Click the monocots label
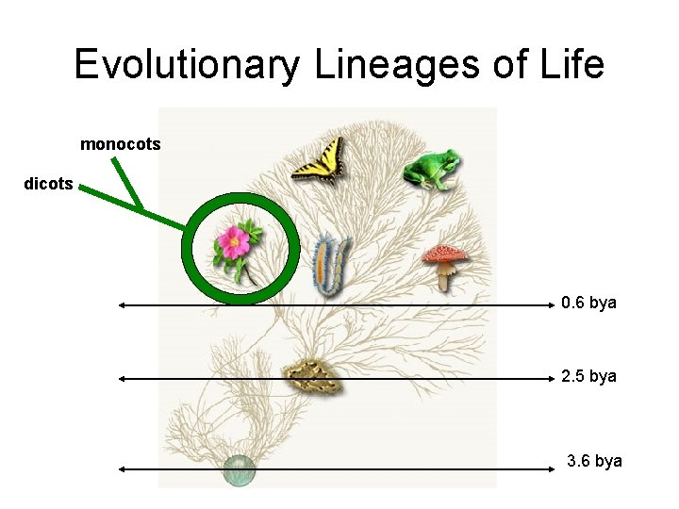coord(121,144)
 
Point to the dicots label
coord(48,184)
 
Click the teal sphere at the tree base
coord(240,468)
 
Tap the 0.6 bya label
coord(588,303)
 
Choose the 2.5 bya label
coord(588,376)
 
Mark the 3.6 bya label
coord(594,461)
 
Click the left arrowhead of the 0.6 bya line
coord(122,305)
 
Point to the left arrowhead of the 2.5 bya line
coord(122,379)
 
